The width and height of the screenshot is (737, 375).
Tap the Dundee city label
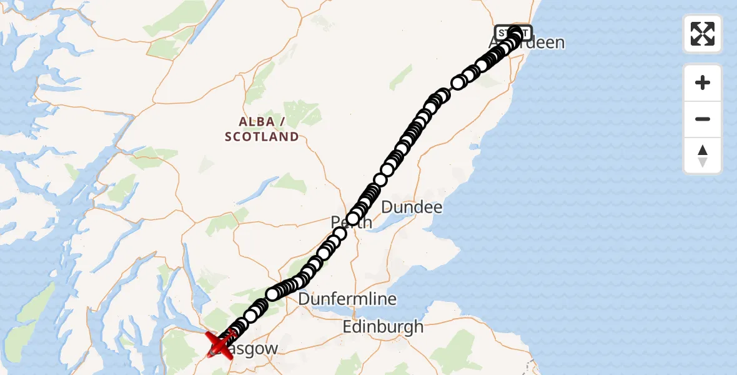click(412, 207)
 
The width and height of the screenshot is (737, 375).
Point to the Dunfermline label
click(347, 299)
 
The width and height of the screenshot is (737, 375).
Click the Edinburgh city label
click(383, 326)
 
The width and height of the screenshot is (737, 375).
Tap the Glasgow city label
click(247, 349)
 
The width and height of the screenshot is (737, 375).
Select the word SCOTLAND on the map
click(262, 137)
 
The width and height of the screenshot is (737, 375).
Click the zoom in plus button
click(703, 82)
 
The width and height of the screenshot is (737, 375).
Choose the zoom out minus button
click(703, 119)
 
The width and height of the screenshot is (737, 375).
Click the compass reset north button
click(703, 156)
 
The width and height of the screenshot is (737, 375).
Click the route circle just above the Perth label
click(354, 217)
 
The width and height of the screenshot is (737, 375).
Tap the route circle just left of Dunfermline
click(273, 294)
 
